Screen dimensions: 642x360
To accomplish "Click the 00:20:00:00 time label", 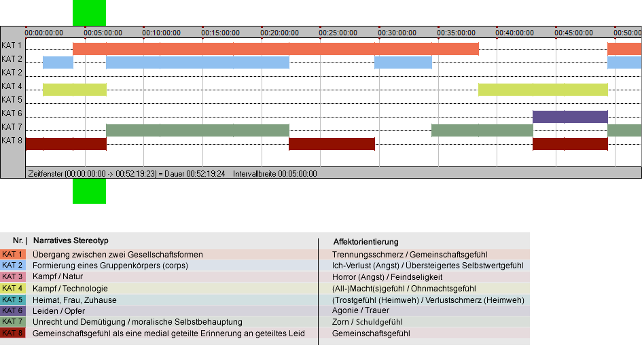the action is pyautogui.click(x=279, y=33).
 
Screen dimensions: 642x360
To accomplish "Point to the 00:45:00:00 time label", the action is pyautogui.click(x=573, y=33).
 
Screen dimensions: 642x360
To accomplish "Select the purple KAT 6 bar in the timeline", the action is pyautogui.click(x=570, y=117).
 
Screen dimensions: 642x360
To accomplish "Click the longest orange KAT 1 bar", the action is pyautogui.click(x=276, y=49).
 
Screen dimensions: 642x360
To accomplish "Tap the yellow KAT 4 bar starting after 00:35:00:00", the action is pyautogui.click(x=543, y=90).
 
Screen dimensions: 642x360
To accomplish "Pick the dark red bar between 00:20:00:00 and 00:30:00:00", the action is pyautogui.click(x=332, y=144).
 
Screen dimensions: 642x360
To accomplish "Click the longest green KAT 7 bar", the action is pyautogui.click(x=197, y=130).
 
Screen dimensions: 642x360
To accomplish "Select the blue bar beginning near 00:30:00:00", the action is pyautogui.click(x=403, y=62).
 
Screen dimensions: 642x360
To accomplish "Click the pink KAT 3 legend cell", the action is pyautogui.click(x=13, y=277).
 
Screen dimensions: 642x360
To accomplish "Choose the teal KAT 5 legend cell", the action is pyautogui.click(x=13, y=300).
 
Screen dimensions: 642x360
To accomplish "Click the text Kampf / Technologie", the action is pyautogui.click(x=70, y=288).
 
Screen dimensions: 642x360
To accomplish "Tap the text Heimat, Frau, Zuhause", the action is pyautogui.click(x=75, y=300).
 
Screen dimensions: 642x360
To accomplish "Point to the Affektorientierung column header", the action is pyautogui.click(x=365, y=242).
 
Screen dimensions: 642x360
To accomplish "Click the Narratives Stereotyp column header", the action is pyautogui.click(x=71, y=241).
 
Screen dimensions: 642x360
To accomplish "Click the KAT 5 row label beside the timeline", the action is pyautogui.click(x=12, y=100).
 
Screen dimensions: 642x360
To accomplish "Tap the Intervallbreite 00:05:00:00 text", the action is pyautogui.click(x=274, y=174).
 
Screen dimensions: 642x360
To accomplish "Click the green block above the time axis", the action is pyautogui.click(x=89, y=13).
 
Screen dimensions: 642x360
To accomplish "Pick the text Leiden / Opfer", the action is pyautogui.click(x=58, y=311).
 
